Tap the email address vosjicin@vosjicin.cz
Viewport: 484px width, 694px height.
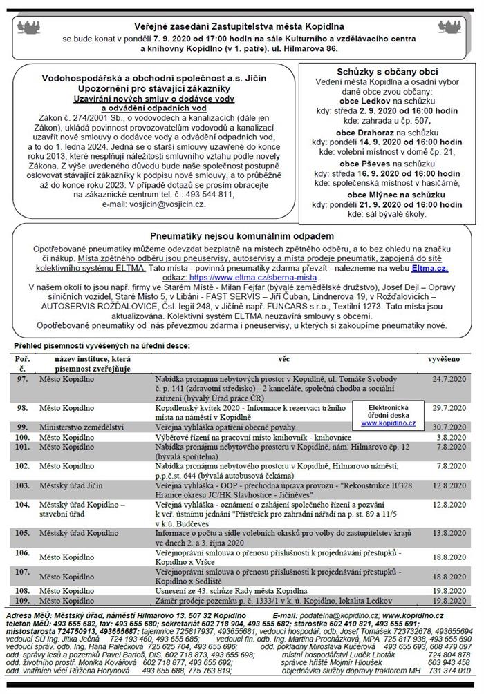click(162, 205)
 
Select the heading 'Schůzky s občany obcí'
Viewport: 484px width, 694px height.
click(387, 72)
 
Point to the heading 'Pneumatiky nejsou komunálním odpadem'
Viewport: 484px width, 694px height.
click(242, 236)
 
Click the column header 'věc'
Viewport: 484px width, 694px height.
click(283, 360)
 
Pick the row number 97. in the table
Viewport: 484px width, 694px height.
click(22, 380)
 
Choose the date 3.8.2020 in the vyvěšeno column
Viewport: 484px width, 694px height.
click(452, 437)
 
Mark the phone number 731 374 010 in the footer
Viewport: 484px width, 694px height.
click(450, 671)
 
